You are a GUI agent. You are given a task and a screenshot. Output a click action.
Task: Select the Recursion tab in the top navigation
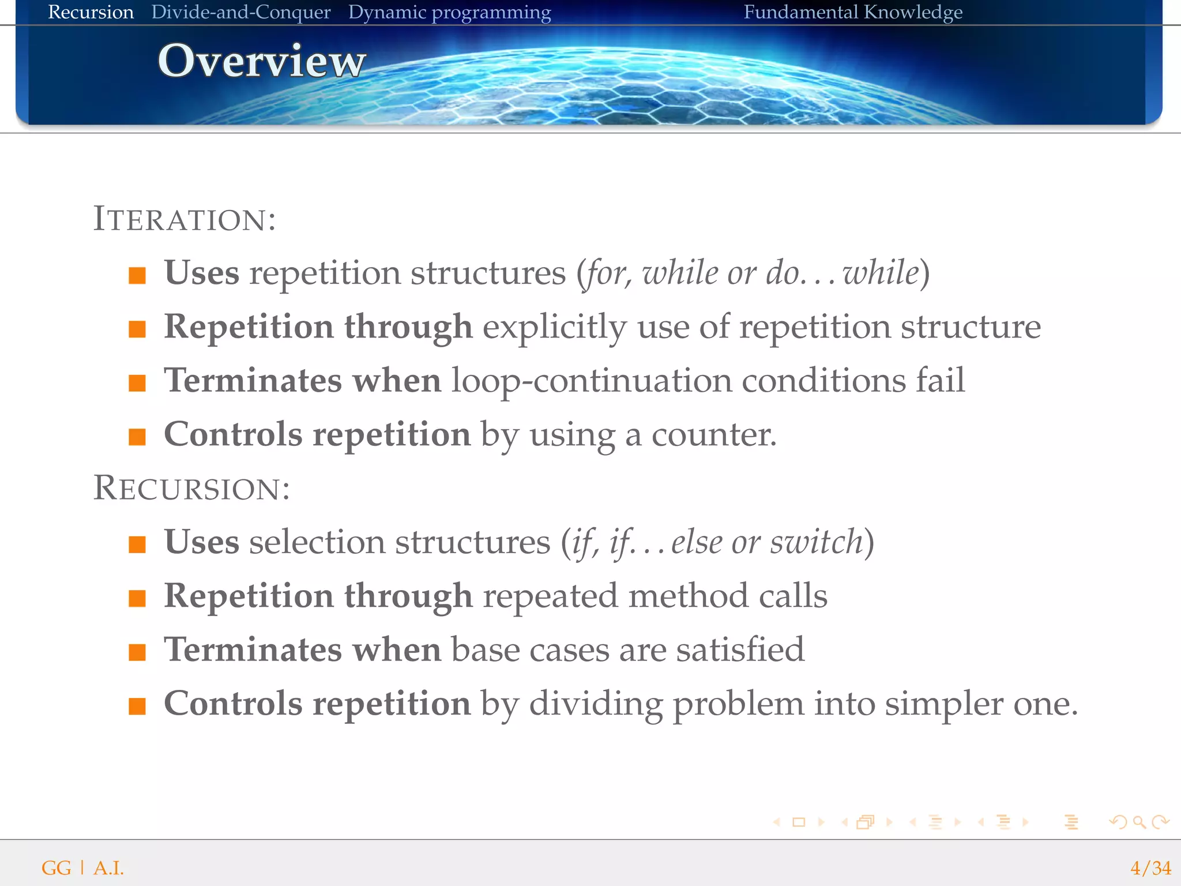click(91, 12)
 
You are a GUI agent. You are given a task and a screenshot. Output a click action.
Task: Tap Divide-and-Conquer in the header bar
click(240, 12)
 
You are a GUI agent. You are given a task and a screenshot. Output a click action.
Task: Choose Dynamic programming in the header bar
click(449, 12)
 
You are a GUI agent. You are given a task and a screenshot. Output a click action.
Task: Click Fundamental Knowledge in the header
click(852, 12)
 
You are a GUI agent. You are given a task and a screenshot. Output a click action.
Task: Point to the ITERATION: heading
click(185, 219)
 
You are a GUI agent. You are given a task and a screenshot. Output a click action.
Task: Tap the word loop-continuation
click(591, 381)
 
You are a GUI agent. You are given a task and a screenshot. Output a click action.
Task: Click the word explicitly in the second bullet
click(554, 327)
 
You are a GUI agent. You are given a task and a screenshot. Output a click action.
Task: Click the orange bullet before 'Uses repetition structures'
click(137, 275)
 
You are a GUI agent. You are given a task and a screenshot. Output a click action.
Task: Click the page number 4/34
click(1150, 868)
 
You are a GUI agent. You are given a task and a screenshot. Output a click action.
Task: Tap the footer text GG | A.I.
click(82, 868)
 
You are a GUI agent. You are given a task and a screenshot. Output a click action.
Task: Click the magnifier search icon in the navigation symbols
click(1138, 822)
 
